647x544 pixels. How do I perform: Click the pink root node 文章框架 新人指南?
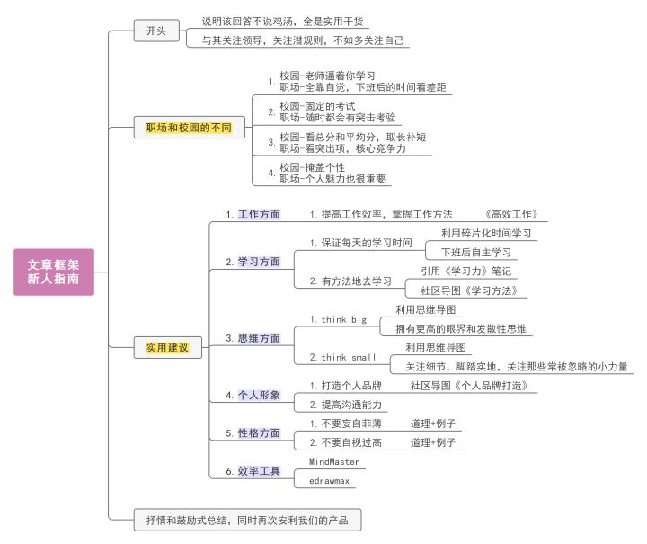pyautogui.click(x=53, y=272)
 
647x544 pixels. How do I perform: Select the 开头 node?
pyautogui.click(x=150, y=31)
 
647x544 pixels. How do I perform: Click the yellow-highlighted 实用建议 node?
pyautogui.click(x=168, y=347)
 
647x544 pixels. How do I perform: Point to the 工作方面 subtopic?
pyautogui.click(x=259, y=215)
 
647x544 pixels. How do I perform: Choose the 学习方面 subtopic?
pyautogui.click(x=259, y=262)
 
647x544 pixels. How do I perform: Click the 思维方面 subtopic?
pyautogui.click(x=259, y=338)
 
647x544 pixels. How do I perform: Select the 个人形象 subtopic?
pyautogui.click(x=259, y=395)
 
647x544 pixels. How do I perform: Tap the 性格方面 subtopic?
pyautogui.click(x=259, y=433)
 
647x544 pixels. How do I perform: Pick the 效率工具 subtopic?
pyautogui.click(x=259, y=471)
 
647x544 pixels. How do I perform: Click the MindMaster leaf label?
pyautogui.click(x=334, y=462)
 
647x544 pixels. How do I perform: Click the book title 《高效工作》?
pyautogui.click(x=510, y=215)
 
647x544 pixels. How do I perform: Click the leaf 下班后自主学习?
pyautogui.click(x=475, y=252)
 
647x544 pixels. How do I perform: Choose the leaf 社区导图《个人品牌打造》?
pyautogui.click(x=468, y=386)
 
